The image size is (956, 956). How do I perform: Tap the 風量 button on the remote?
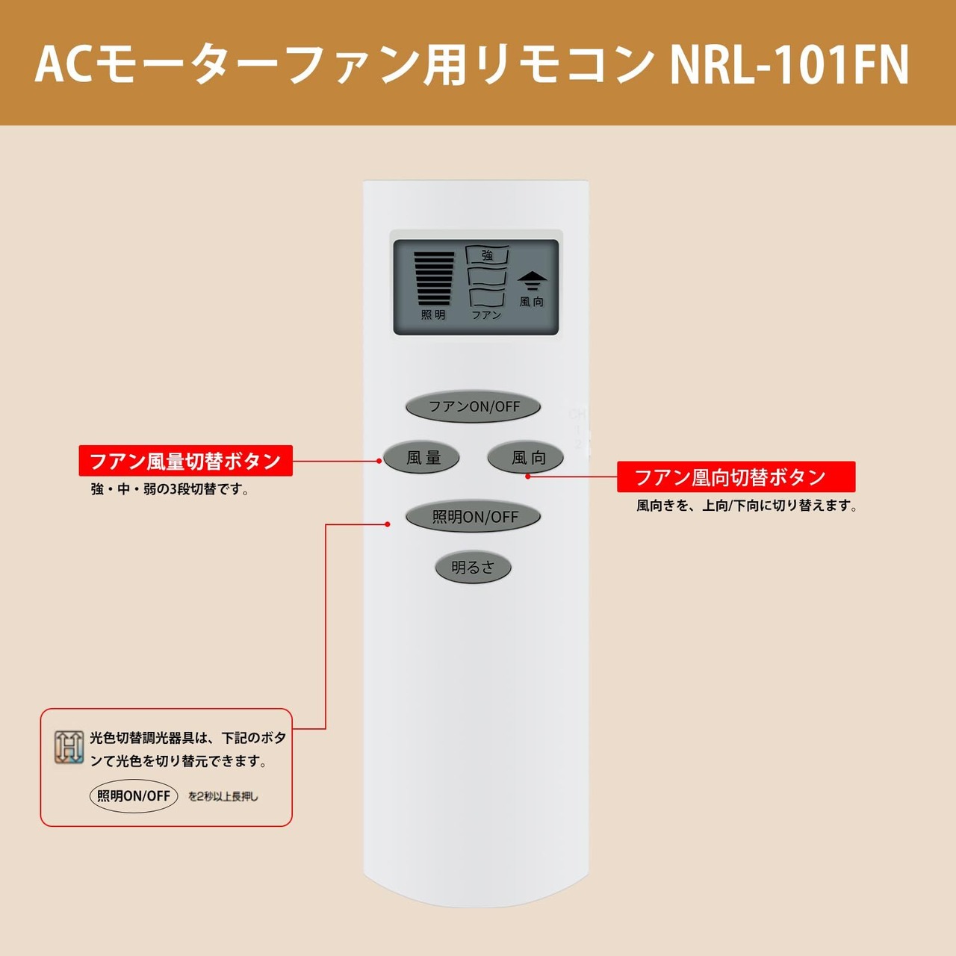[422, 457]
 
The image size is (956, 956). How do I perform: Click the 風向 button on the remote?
[527, 457]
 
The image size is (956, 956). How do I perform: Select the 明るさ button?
[473, 568]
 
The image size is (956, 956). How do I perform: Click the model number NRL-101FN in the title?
[789, 65]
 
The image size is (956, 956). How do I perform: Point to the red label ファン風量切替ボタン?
[185, 461]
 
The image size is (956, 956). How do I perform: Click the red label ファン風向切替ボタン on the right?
[736, 477]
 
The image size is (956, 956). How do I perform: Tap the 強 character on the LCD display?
[487, 255]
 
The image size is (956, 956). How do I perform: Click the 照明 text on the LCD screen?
[433, 315]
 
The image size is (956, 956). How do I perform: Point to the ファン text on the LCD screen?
[486, 315]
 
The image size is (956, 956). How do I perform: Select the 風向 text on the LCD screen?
[532, 302]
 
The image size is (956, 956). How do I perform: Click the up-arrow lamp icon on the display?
[533, 281]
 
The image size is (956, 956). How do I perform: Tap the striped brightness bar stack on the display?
[434, 279]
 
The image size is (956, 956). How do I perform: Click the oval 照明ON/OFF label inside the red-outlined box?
[134, 796]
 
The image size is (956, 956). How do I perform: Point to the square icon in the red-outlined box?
[69, 747]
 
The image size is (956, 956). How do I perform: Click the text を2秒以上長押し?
[223, 797]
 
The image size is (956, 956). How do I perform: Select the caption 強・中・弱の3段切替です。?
[170, 490]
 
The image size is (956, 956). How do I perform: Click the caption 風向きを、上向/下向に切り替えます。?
[746, 506]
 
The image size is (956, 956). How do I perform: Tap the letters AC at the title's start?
[63, 65]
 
